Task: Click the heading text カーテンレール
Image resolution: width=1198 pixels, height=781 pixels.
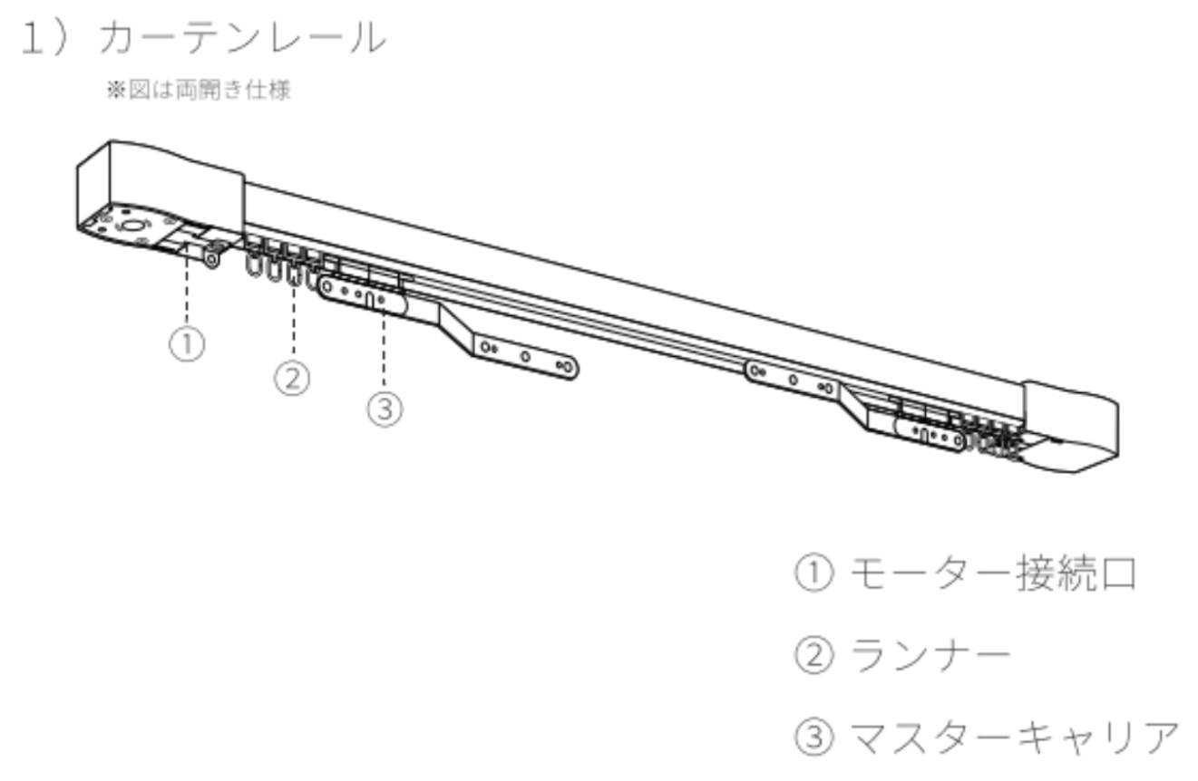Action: (242, 37)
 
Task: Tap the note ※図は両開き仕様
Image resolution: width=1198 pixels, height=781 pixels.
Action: (199, 90)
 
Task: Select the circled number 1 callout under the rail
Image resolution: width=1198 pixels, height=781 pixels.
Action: (187, 344)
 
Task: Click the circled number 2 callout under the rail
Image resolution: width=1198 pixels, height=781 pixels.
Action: (292, 378)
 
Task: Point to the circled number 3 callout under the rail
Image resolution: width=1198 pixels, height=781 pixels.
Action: (385, 410)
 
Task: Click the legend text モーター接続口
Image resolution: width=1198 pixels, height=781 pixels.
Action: (993, 573)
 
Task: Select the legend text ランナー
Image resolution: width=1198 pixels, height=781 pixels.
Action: (930, 655)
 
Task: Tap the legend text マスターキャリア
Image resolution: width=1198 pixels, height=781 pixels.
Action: (1015, 738)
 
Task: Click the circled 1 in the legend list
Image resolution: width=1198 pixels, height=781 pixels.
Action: (814, 573)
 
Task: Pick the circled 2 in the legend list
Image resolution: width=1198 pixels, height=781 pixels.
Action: (814, 655)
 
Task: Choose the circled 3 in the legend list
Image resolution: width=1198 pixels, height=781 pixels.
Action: (814, 738)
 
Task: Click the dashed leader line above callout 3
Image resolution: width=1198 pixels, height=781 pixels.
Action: (384, 347)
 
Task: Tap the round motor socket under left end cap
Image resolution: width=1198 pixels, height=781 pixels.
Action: (131, 226)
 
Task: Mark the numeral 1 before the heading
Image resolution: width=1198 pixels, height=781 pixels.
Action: (32, 37)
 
